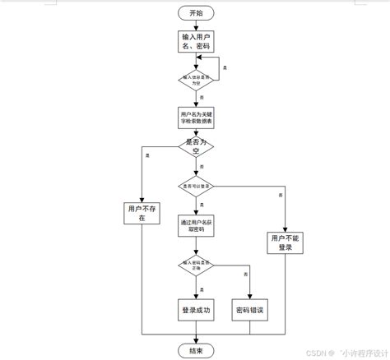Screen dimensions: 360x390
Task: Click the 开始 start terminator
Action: point(195,13)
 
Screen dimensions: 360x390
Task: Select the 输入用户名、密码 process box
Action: point(195,42)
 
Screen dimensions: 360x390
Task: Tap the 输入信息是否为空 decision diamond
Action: point(195,80)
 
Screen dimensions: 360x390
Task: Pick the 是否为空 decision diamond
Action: point(195,149)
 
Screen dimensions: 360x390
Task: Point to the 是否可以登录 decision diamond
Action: point(195,187)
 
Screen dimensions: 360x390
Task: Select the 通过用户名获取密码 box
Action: point(195,226)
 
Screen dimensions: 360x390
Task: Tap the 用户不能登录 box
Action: point(285,242)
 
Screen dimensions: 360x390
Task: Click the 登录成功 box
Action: point(195,310)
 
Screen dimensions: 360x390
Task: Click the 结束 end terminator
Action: point(195,348)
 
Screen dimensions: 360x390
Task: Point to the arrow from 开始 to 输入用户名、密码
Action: point(195,25)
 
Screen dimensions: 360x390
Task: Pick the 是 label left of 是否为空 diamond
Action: point(146,155)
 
